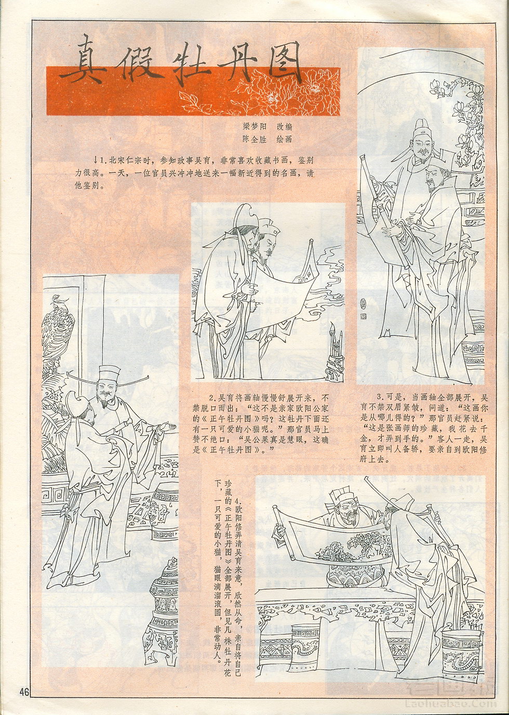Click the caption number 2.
(x=211, y=399)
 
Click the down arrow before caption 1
(x=95, y=160)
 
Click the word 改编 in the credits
(x=285, y=127)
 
